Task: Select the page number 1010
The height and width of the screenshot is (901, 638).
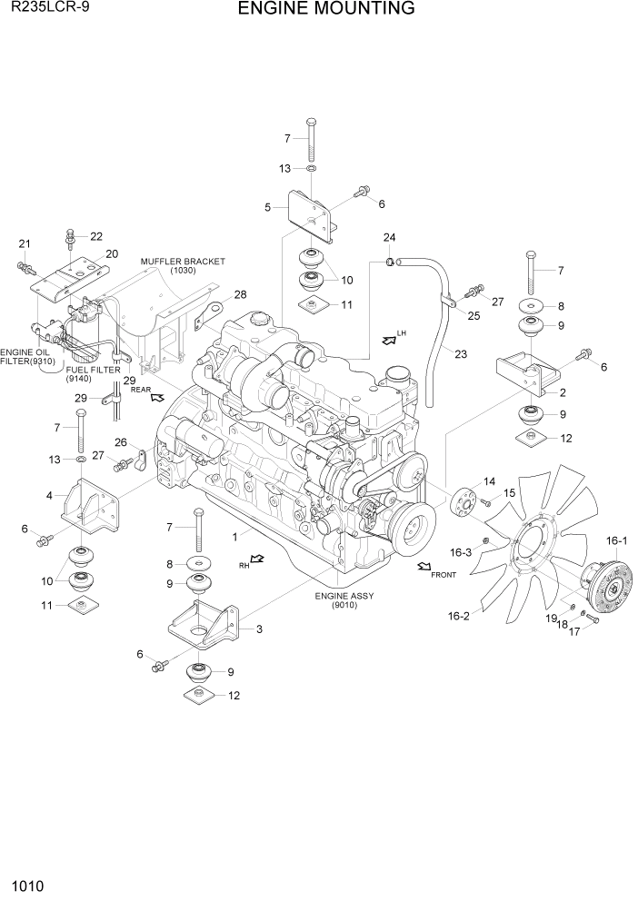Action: pos(29,883)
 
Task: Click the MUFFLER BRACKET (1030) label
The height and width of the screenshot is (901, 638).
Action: pos(183,265)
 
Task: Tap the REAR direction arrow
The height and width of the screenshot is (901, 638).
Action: pos(156,397)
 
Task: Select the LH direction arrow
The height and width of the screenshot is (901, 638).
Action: pos(390,340)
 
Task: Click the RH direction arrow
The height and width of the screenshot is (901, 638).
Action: pos(258,561)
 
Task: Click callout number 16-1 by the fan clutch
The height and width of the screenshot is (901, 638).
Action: pos(616,542)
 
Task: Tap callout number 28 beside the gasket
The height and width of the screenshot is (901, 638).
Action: pos(240,294)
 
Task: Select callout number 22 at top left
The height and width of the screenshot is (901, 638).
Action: pos(96,236)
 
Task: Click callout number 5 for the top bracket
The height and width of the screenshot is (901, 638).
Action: pos(268,207)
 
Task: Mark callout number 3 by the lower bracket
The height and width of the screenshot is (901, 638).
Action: pos(259,629)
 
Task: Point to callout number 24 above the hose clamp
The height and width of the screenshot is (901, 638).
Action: pos(389,238)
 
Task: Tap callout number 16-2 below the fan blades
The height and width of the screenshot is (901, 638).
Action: pos(459,616)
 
